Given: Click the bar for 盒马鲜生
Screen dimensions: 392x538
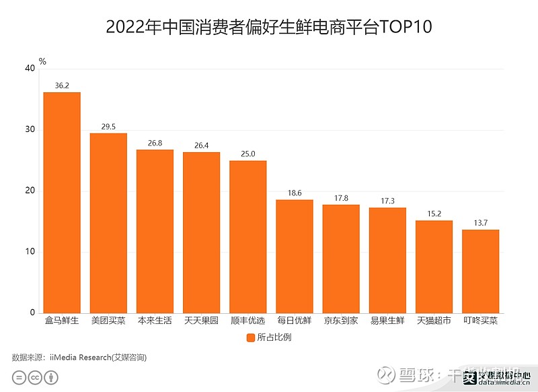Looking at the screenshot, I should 62,202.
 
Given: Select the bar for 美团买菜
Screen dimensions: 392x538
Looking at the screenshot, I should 108,223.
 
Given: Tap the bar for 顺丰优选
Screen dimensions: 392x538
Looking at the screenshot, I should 247,236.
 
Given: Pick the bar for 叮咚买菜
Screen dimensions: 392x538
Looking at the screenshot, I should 480,271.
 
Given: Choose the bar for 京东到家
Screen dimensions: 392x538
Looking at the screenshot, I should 341,259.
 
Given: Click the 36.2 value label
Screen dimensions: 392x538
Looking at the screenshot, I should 62,86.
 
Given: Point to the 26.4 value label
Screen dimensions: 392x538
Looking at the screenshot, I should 201,145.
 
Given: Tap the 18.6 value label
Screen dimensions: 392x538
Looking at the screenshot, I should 295,193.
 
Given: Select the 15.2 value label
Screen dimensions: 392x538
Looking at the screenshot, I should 434,214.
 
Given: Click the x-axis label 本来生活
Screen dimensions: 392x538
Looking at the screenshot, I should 155,321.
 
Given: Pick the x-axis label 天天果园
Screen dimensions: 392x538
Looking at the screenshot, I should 201,321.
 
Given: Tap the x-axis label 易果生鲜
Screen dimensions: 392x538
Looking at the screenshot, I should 387,321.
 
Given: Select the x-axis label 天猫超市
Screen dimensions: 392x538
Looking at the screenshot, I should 434,321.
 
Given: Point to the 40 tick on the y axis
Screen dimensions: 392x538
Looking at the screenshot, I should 29,69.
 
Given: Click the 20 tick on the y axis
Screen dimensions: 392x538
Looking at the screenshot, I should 29,191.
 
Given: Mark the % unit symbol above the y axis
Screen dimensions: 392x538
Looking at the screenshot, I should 42,61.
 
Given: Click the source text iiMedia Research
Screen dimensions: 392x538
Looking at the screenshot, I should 79,357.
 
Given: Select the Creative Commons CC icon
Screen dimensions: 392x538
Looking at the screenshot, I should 34,378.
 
